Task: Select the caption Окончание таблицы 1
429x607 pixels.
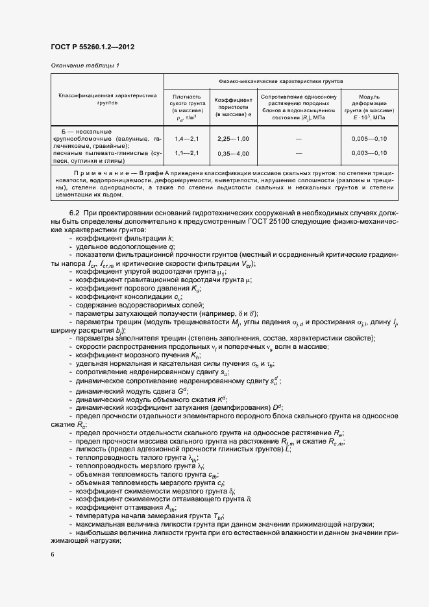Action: pyautogui.click(x=85, y=66)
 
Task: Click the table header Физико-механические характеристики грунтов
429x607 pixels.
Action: pyautogui.click(x=281, y=82)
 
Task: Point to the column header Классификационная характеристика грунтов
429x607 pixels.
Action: pyautogui.click(x=108, y=99)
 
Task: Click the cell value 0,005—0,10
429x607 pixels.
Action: pyautogui.click(x=369, y=139)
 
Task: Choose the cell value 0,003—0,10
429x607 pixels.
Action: pyautogui.click(x=369, y=153)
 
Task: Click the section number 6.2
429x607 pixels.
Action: pyautogui.click(x=74, y=213)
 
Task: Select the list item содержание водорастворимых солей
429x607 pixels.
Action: pyautogui.click(x=140, y=305)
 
